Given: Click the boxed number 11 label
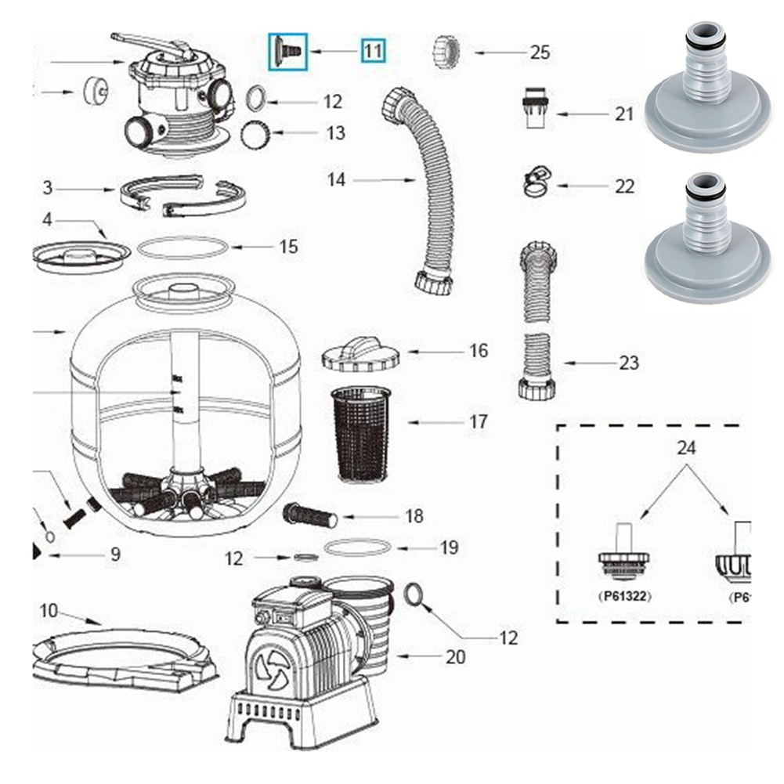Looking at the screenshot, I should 373,52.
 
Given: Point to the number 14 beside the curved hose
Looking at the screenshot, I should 337,180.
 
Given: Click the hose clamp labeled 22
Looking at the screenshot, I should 536,183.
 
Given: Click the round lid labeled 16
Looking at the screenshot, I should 360,354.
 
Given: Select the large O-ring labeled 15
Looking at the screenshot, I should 182,248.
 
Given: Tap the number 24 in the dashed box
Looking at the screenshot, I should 687,449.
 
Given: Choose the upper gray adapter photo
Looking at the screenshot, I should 707,88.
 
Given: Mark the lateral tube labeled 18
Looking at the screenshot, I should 309,515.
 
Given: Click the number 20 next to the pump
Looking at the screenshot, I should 456,656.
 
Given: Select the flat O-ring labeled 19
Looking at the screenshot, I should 357,547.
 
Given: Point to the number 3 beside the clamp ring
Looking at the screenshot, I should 48,188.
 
